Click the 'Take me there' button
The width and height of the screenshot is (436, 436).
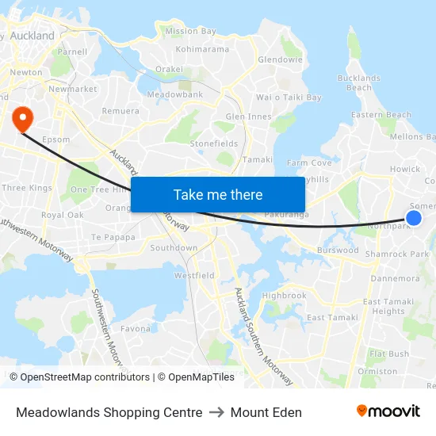pos(218,194)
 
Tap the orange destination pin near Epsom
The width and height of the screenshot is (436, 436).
pos(21,119)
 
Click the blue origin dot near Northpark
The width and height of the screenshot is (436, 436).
pos(413,217)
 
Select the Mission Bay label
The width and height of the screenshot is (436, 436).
pos(190,31)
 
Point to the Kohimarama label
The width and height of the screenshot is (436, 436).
pos(202,48)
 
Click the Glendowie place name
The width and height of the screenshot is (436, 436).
pos(280,59)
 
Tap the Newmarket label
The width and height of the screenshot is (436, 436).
pos(72,90)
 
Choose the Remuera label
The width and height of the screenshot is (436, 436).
pos(120,111)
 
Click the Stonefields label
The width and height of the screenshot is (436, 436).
pos(213,143)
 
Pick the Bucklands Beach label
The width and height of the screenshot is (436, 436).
pos(359,82)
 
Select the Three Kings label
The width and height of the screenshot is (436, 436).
pos(27,188)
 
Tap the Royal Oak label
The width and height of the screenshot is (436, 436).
pos(63,215)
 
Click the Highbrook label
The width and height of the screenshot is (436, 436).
pos(284,295)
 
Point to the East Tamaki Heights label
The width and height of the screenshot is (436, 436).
pos(383,306)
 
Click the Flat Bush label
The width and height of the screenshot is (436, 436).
pos(388,354)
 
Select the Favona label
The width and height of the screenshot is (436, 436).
pos(136,328)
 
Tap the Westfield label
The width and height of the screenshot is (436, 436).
pos(194,275)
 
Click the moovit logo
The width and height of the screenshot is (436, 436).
pos(388,411)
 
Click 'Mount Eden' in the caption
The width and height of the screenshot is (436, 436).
pos(266,412)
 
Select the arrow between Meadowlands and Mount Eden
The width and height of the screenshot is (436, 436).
pos(216,412)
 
